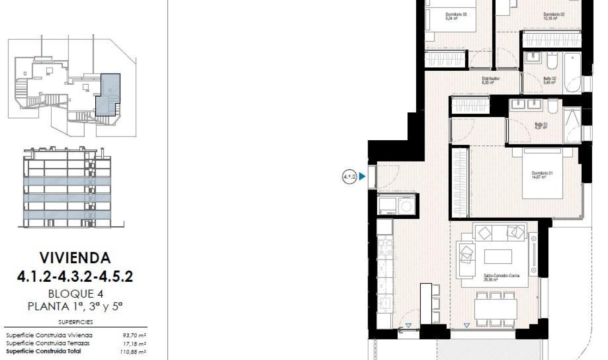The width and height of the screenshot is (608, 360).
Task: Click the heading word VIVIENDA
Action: (75, 257)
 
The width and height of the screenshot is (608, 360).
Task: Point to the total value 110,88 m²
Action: (134, 352)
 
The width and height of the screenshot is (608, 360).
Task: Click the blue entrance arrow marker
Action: (362, 176)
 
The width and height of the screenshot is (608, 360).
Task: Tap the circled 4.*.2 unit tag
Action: (350, 176)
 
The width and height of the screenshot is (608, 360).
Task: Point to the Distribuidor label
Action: (491, 80)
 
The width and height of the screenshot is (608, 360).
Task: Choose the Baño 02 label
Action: (549, 80)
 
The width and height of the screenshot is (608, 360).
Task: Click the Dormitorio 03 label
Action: (456, 16)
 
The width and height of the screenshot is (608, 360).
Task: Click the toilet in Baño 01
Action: (553, 107)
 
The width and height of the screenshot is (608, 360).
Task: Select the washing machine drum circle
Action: (406, 205)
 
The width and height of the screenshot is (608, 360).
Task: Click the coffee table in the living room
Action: (497, 256)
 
